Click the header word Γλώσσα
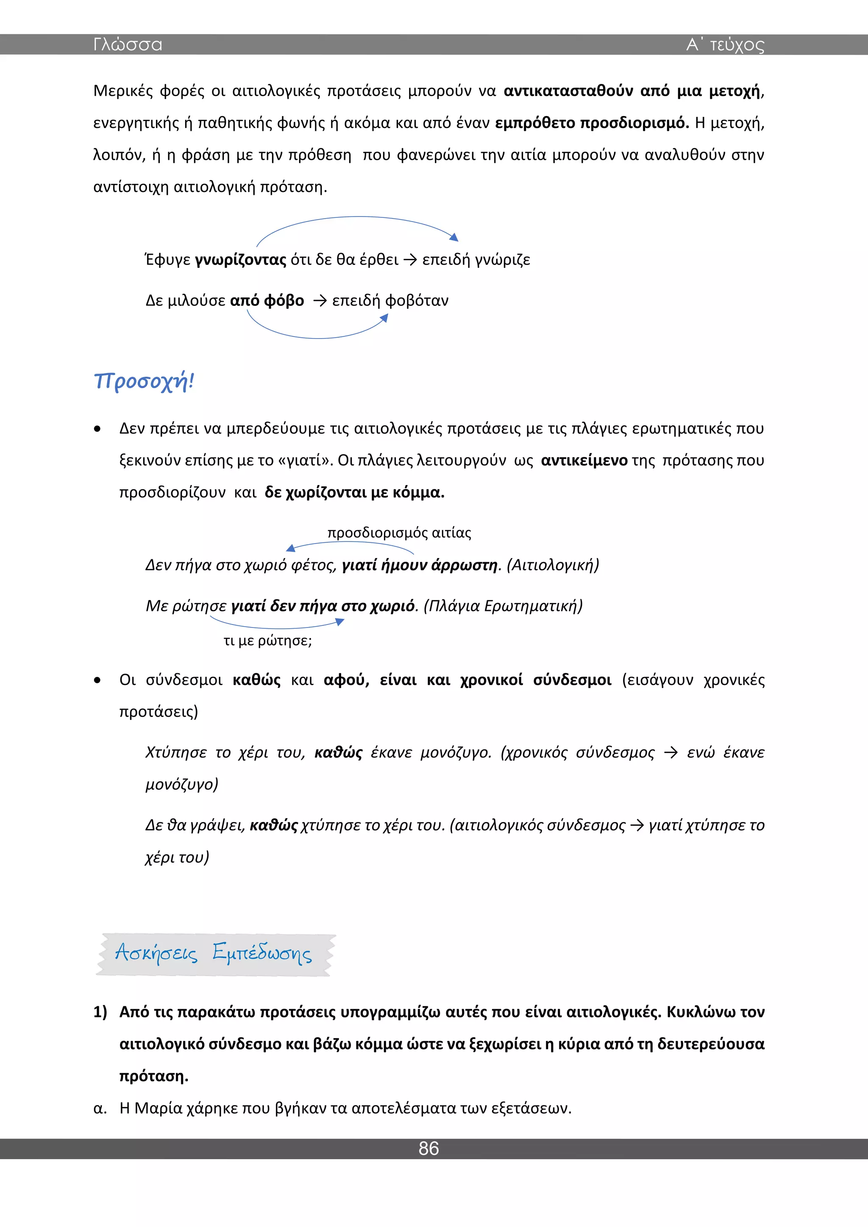[x=127, y=44]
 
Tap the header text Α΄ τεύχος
[x=725, y=44]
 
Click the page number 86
[x=428, y=1148]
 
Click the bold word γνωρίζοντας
[x=240, y=260]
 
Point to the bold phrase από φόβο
[x=267, y=300]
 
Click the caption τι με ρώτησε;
[x=267, y=640]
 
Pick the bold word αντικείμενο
[x=584, y=460]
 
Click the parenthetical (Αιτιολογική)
[x=553, y=565]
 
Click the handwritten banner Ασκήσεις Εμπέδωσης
[x=214, y=953]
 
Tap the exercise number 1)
[x=100, y=1012]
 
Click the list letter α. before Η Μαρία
[x=100, y=1108]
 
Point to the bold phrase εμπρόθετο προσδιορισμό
[x=592, y=123]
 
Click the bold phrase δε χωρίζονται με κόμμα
[x=354, y=492]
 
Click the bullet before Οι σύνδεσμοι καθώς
[x=97, y=680]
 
